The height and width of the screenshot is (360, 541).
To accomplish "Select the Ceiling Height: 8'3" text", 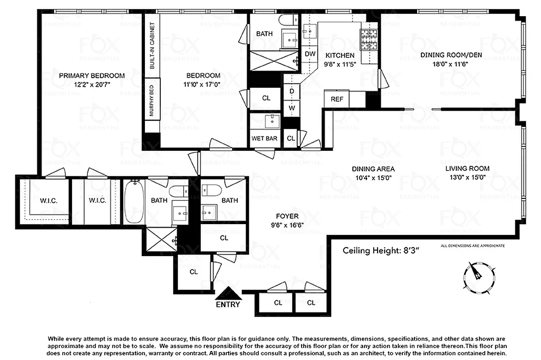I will (x=381, y=251).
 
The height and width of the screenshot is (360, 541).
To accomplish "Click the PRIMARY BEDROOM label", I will (x=92, y=75).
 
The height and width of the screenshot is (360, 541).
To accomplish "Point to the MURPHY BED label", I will (x=152, y=101).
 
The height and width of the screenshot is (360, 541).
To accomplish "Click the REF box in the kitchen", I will (x=337, y=99).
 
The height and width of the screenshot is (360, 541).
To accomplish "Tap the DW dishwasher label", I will (x=310, y=54).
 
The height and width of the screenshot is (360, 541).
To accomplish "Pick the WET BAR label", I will (x=265, y=138).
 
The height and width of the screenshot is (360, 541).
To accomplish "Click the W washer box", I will (x=292, y=108).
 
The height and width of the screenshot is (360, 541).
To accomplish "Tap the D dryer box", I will (x=292, y=91).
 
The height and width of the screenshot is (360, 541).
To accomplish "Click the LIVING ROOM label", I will (x=467, y=169).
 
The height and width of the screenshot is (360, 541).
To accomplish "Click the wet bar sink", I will (x=271, y=121).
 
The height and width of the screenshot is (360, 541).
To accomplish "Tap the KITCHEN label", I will (x=340, y=55).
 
